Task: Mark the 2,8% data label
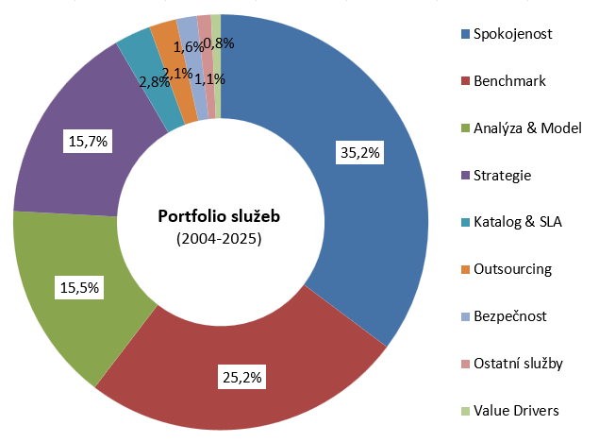tap(154, 82)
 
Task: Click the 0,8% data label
tap(219, 42)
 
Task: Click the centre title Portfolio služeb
tap(219, 216)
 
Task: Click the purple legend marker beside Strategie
tap(464, 176)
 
